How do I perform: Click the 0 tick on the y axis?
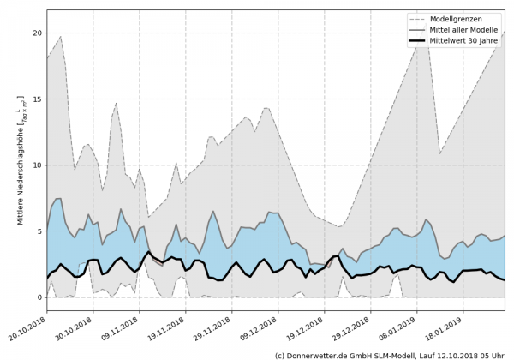(39, 297)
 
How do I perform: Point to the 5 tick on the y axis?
(39, 231)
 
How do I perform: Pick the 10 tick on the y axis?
(36, 165)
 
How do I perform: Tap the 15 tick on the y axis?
(36, 99)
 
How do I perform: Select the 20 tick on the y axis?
(36, 33)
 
